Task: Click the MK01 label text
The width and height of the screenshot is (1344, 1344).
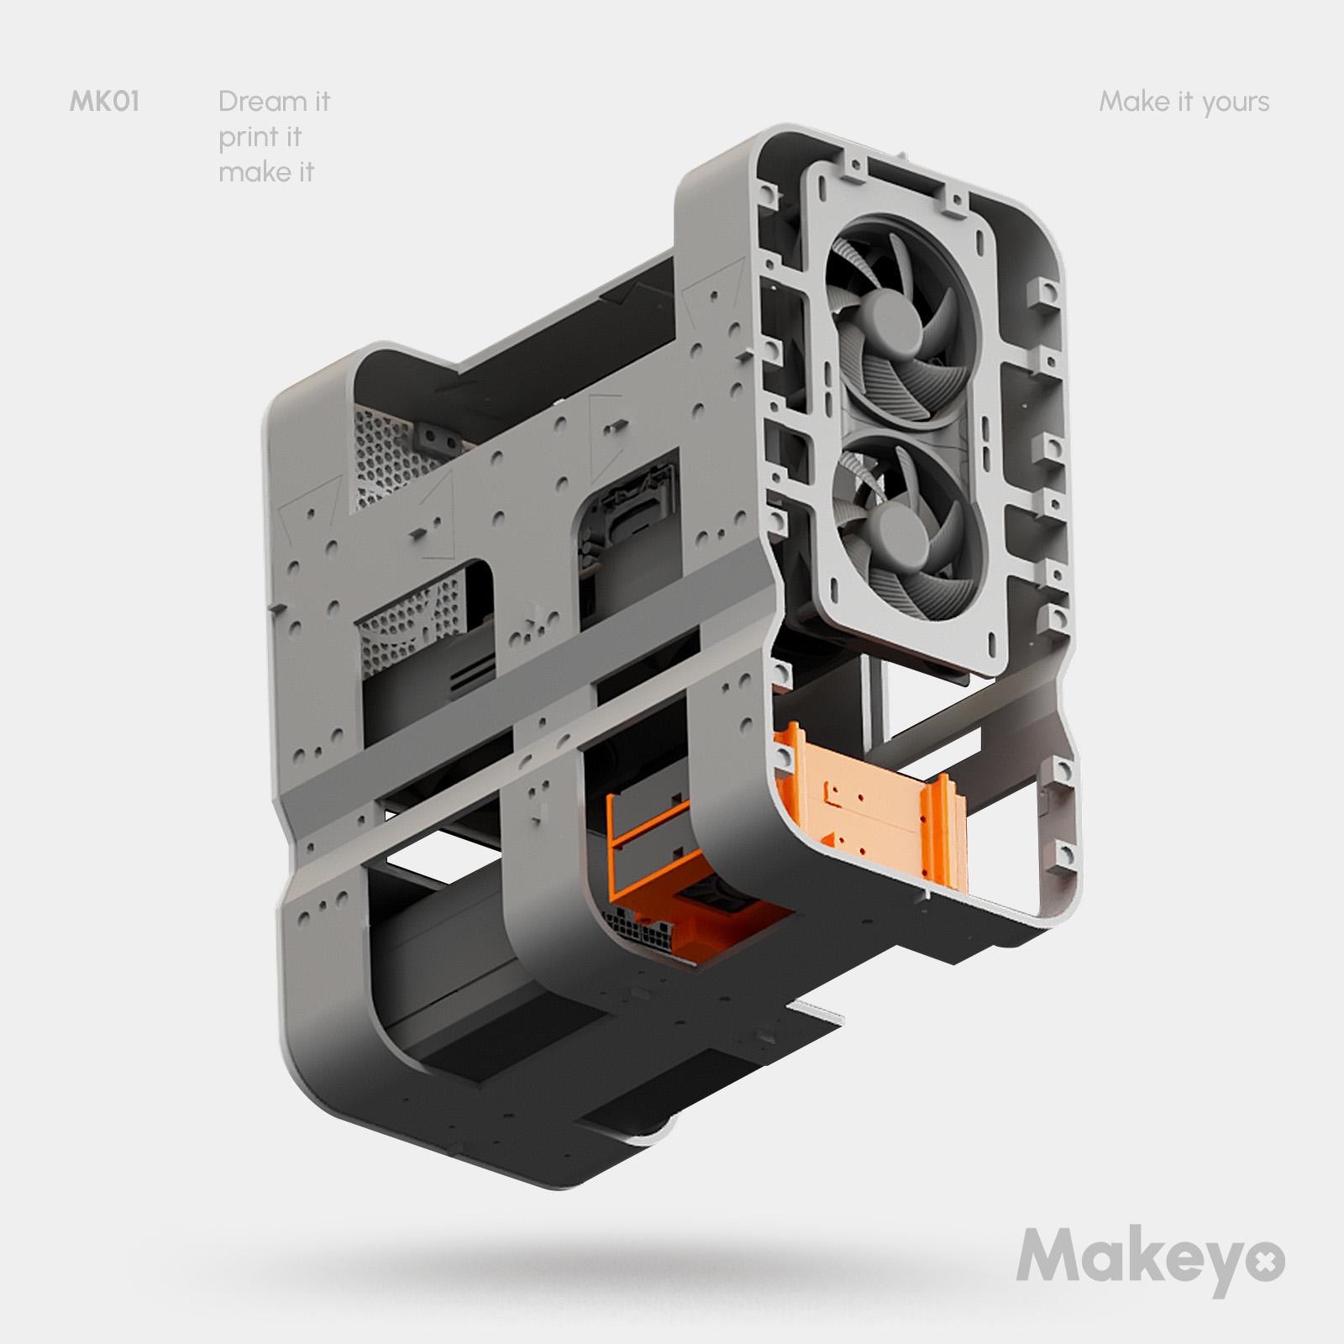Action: pos(103,102)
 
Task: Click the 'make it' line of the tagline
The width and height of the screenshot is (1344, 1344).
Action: pos(265,172)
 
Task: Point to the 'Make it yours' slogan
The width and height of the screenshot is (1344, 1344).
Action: pos(1184,102)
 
